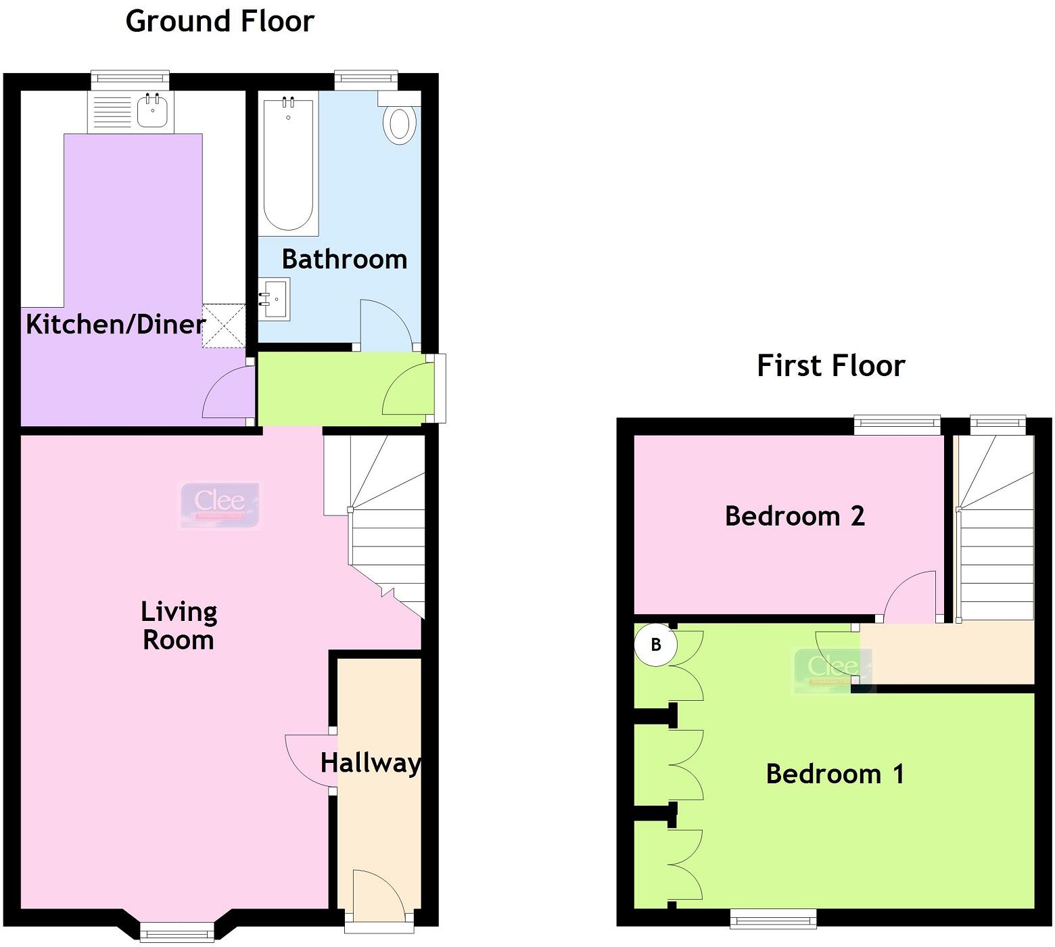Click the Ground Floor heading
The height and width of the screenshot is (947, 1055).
(220, 21)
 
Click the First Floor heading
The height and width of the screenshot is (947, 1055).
(830, 366)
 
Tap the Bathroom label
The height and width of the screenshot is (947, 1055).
(344, 259)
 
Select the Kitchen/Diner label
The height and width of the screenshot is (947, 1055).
(115, 325)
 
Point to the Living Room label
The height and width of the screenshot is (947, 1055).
(179, 626)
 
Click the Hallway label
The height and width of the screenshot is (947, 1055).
(371, 763)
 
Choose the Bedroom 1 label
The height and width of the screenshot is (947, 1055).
(835, 773)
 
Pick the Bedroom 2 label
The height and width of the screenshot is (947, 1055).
(795, 516)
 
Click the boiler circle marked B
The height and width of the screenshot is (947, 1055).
(655, 644)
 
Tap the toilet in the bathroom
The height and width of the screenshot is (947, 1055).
(399, 124)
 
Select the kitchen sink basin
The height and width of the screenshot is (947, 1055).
(152, 111)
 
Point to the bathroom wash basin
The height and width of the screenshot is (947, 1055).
(275, 298)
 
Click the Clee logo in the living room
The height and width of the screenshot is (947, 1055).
(220, 504)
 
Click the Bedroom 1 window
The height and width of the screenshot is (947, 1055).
(773, 917)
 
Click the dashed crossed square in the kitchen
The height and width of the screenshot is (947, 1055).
(224, 325)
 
